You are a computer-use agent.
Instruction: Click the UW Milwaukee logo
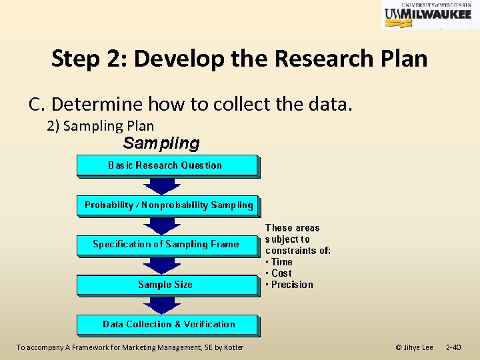tap(426, 15)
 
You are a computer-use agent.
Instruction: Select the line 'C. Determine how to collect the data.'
tap(190, 104)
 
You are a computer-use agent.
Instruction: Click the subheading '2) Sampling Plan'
tap(100, 125)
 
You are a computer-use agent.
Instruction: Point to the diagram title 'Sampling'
tap(161, 143)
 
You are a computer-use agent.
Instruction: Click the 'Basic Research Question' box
tap(167, 165)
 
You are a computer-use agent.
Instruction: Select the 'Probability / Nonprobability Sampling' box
tap(168, 205)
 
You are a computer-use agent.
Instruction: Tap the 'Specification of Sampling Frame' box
tap(167, 245)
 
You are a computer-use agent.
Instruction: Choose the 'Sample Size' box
tap(167, 285)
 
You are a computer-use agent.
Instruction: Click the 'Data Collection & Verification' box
tap(168, 325)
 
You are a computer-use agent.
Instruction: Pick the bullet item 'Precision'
tap(291, 285)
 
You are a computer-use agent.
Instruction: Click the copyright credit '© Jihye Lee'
tap(414, 347)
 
